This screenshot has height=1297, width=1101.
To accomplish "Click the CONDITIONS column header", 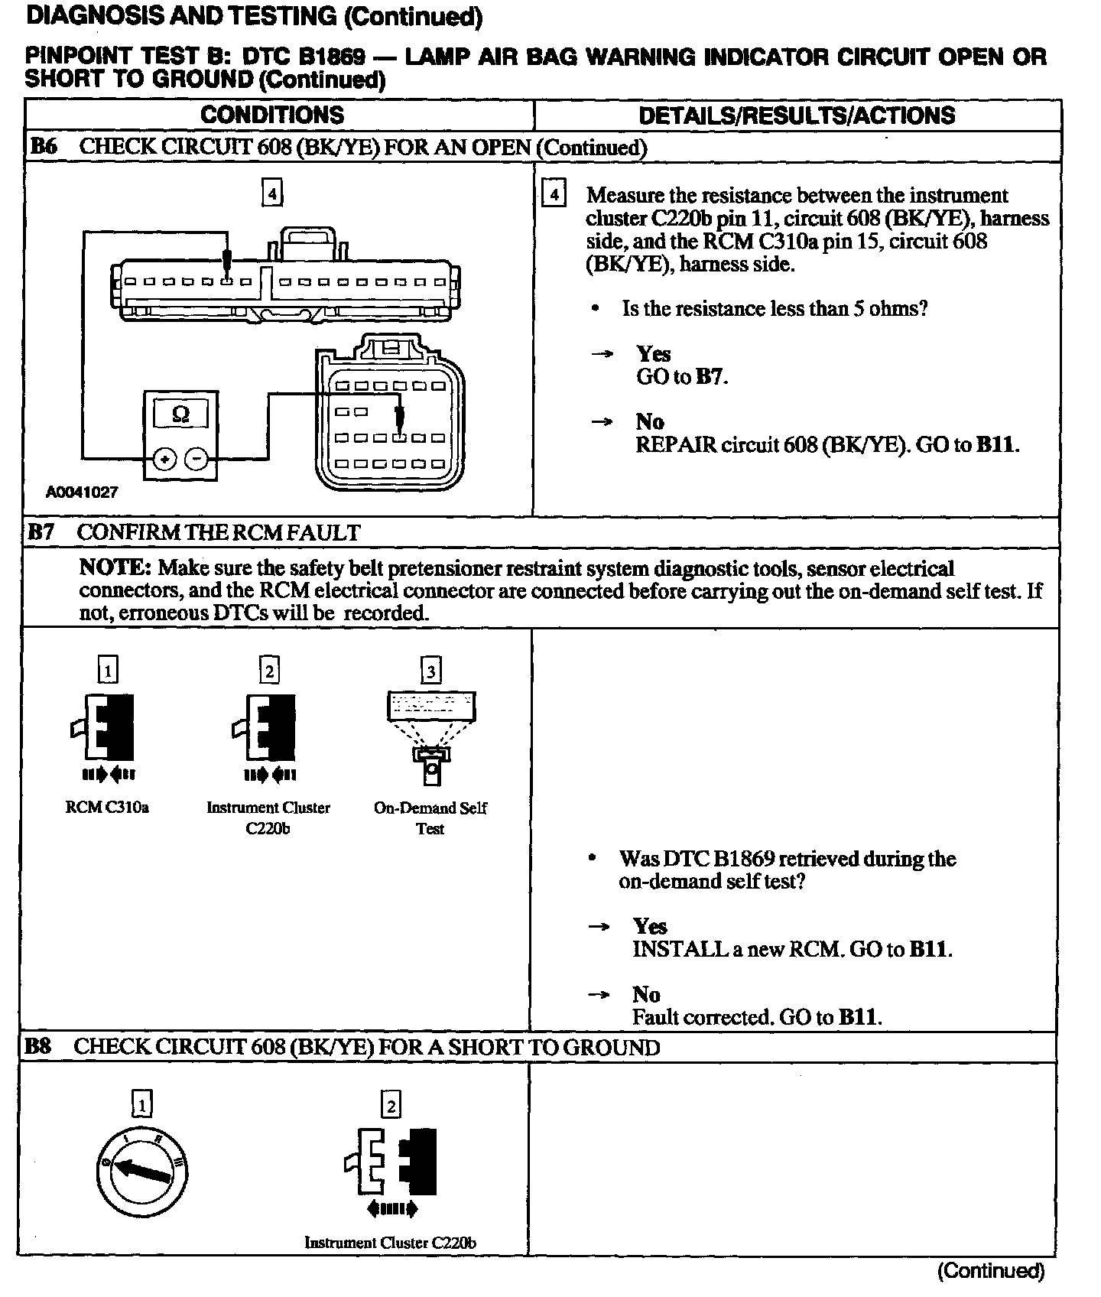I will point(272,115).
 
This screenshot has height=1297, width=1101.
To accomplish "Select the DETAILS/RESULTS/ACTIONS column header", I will point(797,115).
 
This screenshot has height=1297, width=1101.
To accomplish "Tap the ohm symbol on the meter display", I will point(181,414).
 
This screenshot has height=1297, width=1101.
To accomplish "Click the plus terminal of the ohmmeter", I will point(164,459).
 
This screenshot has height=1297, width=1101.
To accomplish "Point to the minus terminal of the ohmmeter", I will point(197,459).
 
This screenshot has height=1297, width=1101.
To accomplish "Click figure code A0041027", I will point(82,492).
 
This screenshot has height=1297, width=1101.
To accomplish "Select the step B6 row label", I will point(44,147).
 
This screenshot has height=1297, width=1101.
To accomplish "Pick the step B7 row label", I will point(42,532).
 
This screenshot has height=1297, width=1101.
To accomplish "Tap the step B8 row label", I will point(38,1046).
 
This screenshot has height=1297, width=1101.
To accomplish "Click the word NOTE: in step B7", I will point(115,568).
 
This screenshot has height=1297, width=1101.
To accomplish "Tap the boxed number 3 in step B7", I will point(431,671).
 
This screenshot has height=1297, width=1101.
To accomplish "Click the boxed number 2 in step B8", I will point(391,1105).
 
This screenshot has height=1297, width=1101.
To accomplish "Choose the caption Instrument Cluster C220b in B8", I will point(390,1243).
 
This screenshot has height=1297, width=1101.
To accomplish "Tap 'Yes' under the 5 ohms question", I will point(654,353).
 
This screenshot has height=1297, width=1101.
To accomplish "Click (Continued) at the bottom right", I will point(990,1270).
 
